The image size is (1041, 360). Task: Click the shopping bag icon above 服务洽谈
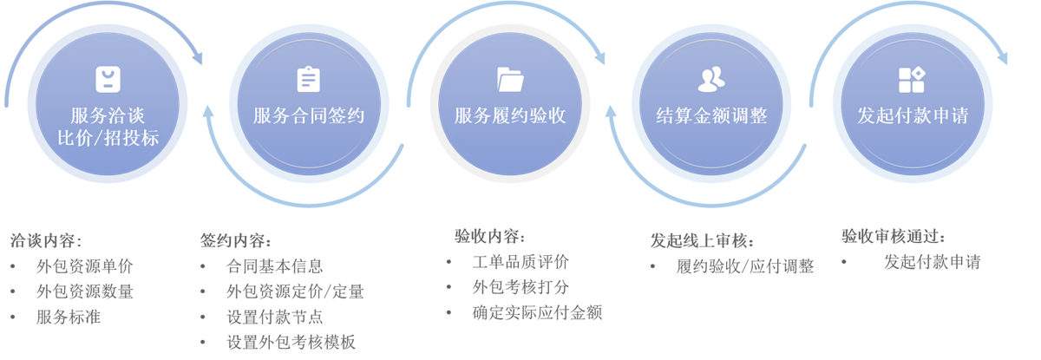coord(108,80)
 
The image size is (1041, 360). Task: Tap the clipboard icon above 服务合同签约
coord(308,79)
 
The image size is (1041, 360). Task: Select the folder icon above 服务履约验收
coord(510,79)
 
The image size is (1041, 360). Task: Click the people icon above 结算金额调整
coord(711,79)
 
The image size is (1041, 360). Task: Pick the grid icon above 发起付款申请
coord(912,80)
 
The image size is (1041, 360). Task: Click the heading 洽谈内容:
coord(44,241)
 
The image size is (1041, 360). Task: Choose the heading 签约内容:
coord(235,241)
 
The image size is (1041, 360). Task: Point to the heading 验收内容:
coord(489,237)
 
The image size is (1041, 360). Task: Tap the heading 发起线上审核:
coord(702,240)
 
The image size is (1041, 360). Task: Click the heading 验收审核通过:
coord(893,237)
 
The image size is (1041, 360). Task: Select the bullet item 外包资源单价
coord(85,266)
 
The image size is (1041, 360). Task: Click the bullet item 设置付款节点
coord(274,317)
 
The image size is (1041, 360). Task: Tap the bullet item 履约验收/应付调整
coord(745,266)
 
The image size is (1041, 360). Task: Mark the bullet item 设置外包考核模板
coord(291,342)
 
